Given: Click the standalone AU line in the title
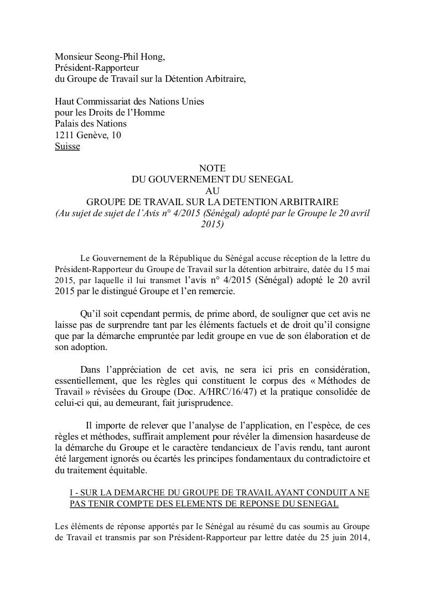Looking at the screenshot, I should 212,190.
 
